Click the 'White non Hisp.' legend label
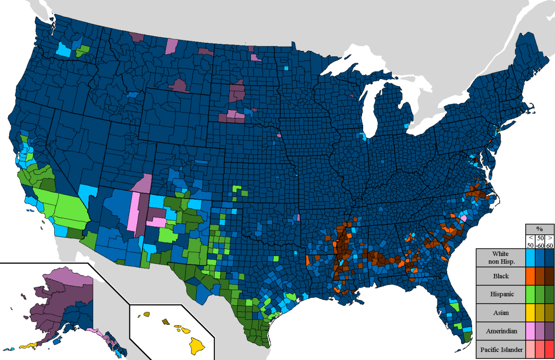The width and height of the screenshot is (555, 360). pos(497,257)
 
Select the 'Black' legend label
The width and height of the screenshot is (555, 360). pos(497,276)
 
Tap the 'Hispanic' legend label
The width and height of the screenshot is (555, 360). pos(497,295)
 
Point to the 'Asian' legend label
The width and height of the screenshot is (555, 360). pos(497,313)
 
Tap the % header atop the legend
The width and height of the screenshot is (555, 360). pos(540,229)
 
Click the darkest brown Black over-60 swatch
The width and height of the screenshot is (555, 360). pos(549,276)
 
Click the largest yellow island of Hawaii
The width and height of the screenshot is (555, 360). pos(196,343)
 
